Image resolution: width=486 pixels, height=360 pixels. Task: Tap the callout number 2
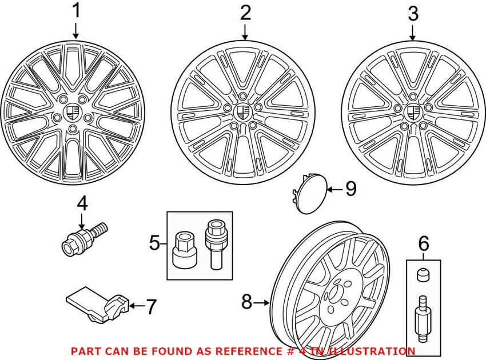point(245,13)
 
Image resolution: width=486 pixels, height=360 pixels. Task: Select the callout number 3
point(413,14)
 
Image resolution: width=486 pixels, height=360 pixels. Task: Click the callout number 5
point(154,243)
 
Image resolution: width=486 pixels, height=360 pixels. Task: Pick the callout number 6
point(423,245)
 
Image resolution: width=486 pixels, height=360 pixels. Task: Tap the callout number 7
point(150,307)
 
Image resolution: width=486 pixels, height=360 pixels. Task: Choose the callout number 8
point(246,302)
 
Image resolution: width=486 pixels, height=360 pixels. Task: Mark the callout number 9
point(350,189)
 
